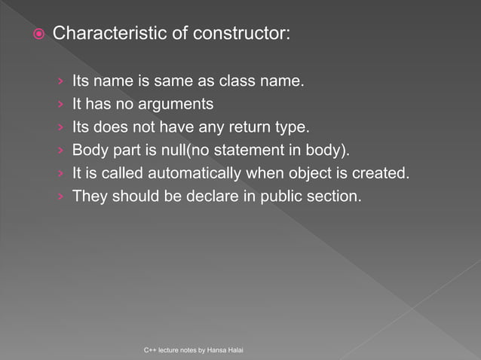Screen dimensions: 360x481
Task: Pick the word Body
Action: click(87, 150)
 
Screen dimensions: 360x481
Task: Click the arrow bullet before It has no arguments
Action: click(60, 104)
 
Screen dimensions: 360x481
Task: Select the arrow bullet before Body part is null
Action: click(60, 151)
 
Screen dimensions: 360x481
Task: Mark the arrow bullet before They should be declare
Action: click(60, 197)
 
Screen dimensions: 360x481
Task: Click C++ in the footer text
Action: click(150, 351)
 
